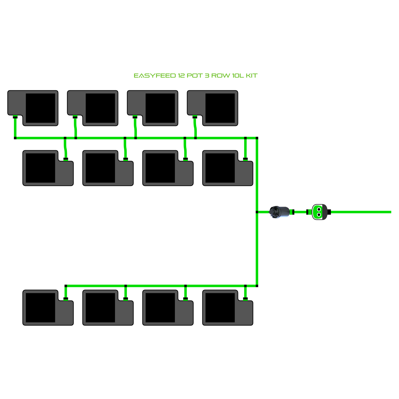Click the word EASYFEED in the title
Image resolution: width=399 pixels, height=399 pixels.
click(155, 76)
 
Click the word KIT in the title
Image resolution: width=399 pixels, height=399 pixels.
click(252, 76)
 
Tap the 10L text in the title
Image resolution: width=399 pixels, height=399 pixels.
click(238, 76)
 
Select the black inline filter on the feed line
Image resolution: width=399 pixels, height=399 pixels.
click(279, 212)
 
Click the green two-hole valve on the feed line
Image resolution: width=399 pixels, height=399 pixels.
click(319, 212)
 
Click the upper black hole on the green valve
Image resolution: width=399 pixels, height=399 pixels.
click(319, 210)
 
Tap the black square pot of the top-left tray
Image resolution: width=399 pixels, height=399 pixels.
click(40, 108)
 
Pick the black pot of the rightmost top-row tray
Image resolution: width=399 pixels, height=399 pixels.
click(220, 108)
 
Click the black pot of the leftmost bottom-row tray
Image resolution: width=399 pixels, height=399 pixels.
click(40, 308)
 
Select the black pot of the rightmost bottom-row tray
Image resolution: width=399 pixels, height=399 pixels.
click(220, 308)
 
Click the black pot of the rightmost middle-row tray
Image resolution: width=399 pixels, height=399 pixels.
click(220, 168)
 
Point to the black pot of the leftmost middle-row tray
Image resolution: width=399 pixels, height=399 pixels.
click(40, 168)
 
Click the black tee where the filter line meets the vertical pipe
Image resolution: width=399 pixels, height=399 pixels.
click(257, 212)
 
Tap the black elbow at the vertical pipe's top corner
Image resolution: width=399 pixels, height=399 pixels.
click(257, 138)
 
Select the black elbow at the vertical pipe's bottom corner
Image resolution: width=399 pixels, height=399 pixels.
click(257, 286)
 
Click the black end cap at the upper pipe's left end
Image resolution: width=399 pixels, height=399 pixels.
click(15, 138)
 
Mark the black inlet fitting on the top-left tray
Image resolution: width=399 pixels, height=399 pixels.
click(15, 117)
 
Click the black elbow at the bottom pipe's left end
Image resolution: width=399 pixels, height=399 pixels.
click(66, 286)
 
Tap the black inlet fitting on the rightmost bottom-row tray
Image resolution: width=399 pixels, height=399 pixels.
click(245, 299)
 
